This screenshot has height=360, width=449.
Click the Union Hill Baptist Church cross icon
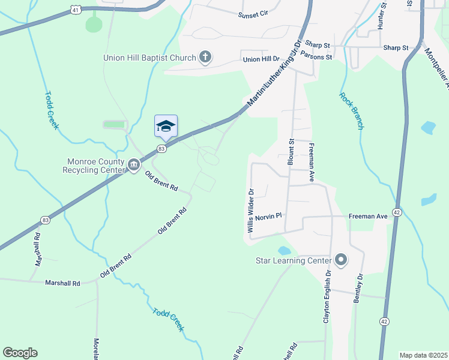(x=205, y=58)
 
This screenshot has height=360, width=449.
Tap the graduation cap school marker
(x=166, y=126)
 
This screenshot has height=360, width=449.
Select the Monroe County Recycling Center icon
(x=133, y=163)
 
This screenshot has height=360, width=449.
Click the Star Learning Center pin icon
(x=341, y=260)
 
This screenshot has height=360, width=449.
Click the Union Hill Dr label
(x=261, y=59)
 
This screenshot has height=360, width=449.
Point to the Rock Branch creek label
(x=351, y=110)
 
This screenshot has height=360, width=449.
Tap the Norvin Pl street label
(x=268, y=216)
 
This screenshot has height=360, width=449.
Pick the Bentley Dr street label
(x=358, y=289)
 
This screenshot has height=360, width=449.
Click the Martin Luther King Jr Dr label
(x=275, y=74)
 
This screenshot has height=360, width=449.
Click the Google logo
(x=20, y=353)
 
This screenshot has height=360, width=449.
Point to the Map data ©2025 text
(x=423, y=355)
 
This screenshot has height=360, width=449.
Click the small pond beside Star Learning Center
(x=284, y=250)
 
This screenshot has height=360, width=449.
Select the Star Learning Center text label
(x=294, y=261)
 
